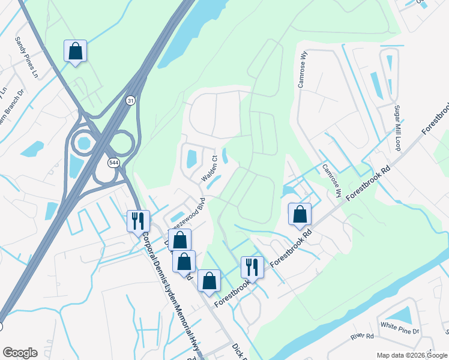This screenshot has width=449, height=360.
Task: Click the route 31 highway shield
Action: (130, 101)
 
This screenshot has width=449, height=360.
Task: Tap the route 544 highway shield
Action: (112, 163)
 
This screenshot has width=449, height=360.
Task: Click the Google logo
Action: (19, 352)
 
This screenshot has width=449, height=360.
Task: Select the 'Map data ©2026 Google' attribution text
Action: (412, 355)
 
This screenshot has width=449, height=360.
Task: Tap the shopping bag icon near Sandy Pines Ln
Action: (76, 50)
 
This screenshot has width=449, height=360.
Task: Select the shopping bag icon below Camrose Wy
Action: (300, 214)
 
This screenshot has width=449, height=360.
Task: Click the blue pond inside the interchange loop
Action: (83, 143)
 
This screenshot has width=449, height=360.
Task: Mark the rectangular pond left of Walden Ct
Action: (191, 159)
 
